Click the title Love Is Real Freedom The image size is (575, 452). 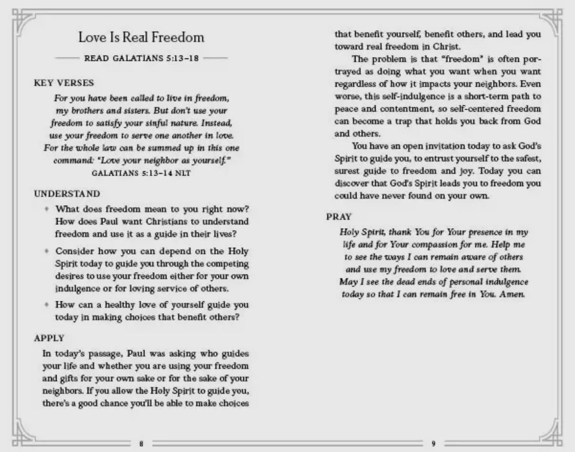pos(141,38)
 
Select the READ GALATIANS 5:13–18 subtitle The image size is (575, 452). pos(141,59)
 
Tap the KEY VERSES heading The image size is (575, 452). pos(57,83)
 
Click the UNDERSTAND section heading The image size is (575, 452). pos(60,194)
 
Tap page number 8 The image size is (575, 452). pos(141,444)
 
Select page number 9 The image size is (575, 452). pos(434,444)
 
